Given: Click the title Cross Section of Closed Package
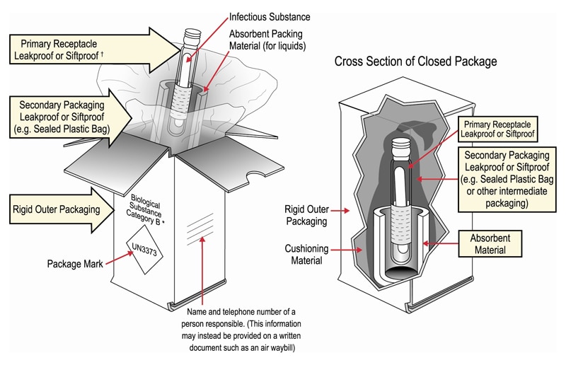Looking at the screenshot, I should pos(415,62).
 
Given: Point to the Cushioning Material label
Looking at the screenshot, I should pos(306,255).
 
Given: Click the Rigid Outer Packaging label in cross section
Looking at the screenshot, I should pos(306,216).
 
